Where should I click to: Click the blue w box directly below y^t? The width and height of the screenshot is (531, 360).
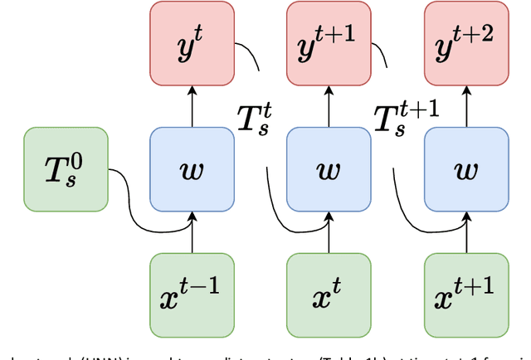(192, 170)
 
